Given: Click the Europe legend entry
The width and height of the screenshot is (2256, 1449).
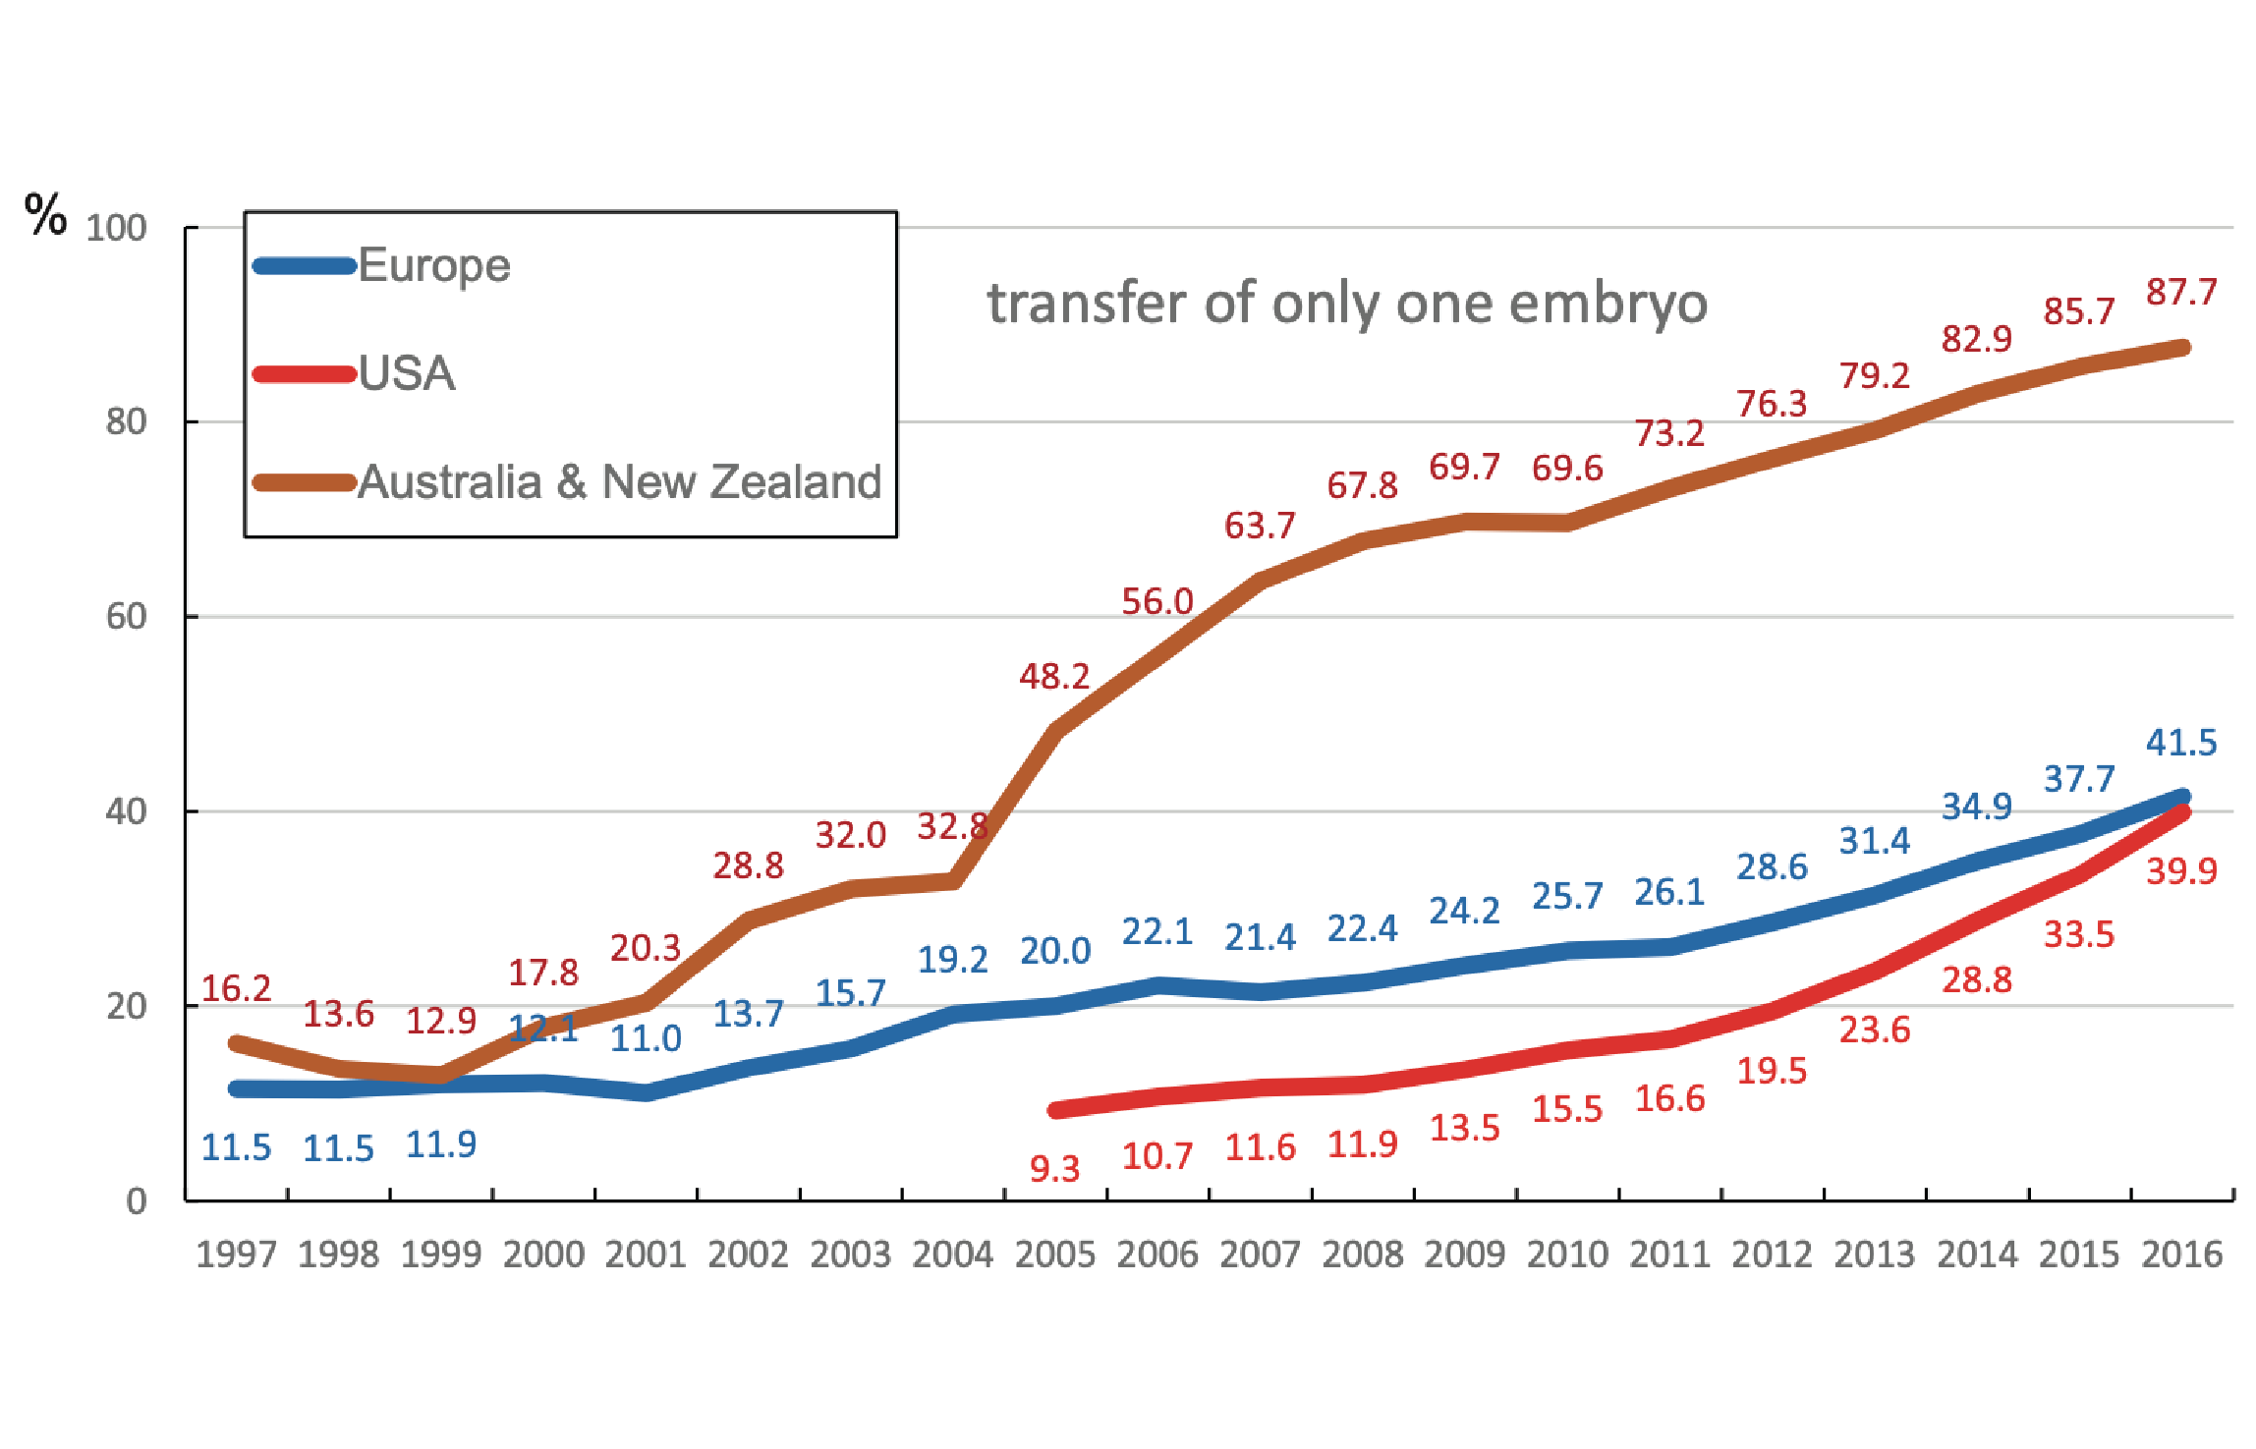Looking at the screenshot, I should coord(433,265).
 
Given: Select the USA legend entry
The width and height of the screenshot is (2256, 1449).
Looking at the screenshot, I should coord(406,373).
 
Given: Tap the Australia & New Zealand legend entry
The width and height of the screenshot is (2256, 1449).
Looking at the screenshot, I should coord(619,481).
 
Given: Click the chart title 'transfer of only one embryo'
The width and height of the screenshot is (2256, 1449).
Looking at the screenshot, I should coord(1347,303).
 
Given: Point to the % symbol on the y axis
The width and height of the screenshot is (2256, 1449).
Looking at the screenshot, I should coord(45,214).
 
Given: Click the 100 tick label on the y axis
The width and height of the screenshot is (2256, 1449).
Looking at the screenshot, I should coord(116,228).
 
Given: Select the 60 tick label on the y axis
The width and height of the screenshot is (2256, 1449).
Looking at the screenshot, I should coord(126,617).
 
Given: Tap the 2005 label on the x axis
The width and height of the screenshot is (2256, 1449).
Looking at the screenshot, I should coord(1054,1254).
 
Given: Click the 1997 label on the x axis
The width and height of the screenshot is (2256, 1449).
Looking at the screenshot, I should coord(236,1254).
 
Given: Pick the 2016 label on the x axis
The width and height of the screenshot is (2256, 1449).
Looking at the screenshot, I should coord(2181,1254).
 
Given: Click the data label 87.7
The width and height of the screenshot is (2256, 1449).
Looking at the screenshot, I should coord(2181,292).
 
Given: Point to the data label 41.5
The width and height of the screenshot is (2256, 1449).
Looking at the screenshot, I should coord(2181,743).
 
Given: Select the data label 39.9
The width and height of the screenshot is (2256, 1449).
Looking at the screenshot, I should coord(2181,871).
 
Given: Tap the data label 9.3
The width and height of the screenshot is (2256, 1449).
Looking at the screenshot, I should coord(1054,1169).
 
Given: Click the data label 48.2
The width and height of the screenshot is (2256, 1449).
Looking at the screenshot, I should coord(1054,676).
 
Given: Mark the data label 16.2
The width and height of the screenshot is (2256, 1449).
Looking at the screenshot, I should coord(236,988).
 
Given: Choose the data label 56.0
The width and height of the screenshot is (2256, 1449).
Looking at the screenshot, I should coord(1157,601).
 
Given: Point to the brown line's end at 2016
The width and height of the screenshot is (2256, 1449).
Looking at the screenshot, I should coord(2182,348).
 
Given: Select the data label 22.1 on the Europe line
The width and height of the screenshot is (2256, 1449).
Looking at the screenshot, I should coord(1157,931).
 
